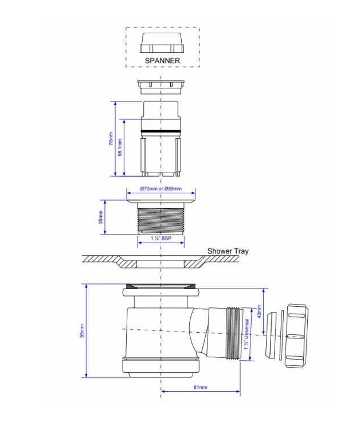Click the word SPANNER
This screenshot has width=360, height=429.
(x=162, y=60)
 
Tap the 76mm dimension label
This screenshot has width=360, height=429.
(x=111, y=138)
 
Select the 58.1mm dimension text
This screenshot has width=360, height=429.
(x=120, y=147)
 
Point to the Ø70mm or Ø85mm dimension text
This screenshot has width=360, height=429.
(x=161, y=189)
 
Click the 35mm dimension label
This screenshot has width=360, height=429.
(x=100, y=217)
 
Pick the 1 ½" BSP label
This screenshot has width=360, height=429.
(x=161, y=239)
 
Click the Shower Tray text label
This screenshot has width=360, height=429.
(x=228, y=251)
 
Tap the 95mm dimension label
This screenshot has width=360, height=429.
(x=82, y=331)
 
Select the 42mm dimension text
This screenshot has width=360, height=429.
(x=259, y=311)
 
